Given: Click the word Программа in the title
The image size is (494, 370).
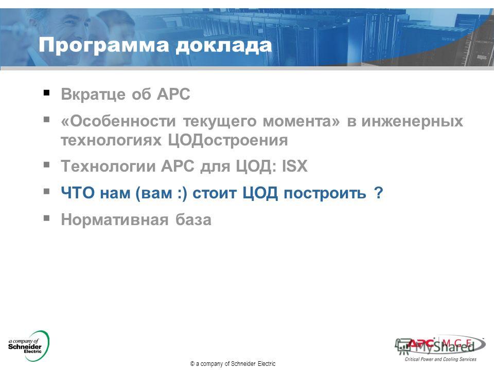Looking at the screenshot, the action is tap(104, 46).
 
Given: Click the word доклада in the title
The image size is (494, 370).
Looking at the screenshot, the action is tap(224, 46).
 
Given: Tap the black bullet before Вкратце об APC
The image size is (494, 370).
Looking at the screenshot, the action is tap(47, 92).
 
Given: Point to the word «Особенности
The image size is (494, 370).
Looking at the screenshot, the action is tap(118, 121).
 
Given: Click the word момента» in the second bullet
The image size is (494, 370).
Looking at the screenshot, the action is tap(302, 121).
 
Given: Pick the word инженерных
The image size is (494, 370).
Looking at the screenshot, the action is tap(412, 121).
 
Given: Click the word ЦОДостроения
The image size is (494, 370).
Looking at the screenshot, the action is tap(227, 140).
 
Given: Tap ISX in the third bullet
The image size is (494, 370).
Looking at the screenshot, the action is tap(294, 166).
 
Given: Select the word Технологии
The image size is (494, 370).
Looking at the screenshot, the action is tap(108, 166).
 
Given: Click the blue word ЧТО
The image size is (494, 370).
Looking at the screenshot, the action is tap(78, 193).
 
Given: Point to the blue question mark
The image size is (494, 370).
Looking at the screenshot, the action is tap(378, 192).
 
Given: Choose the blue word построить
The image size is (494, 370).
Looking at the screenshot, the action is tap(325, 193).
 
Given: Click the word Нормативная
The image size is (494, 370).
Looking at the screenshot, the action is tap(115, 219).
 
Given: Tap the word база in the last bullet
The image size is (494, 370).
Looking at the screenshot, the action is tap(193, 219).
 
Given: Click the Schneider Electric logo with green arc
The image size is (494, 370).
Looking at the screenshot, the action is tap(29, 346).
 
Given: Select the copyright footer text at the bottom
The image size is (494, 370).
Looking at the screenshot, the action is tap(233, 364).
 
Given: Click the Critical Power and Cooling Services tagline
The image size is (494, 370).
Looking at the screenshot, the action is tap(440, 359).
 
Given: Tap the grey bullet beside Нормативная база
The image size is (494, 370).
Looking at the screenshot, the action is tap(47, 218).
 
